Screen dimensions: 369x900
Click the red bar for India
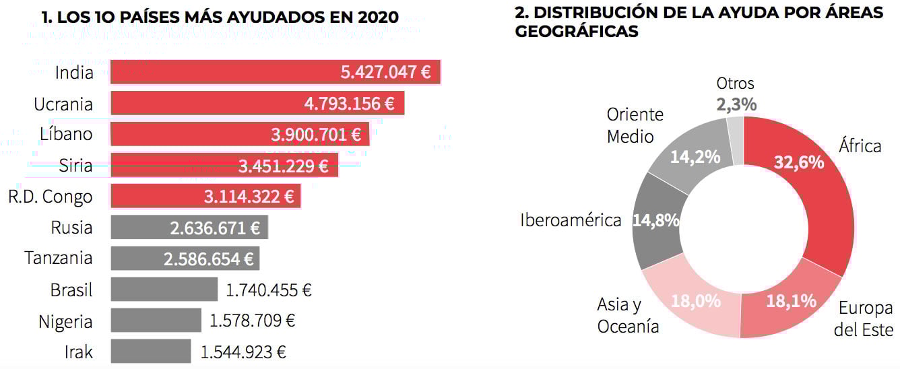click(222, 72)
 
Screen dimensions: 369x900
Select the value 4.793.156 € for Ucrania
click(349, 104)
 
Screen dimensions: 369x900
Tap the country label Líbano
click(66, 134)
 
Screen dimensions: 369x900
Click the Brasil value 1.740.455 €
click(268, 290)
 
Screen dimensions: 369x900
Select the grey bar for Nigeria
click(156, 321)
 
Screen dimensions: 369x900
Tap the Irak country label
click(79, 351)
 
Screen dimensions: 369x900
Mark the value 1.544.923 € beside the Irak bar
click(243, 351)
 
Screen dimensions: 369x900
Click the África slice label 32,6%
click(799, 162)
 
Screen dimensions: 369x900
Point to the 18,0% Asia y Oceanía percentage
click(695, 301)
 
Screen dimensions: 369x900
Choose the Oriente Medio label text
click(635, 125)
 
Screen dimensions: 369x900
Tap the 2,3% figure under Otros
click(736, 104)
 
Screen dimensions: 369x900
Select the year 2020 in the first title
click(374, 17)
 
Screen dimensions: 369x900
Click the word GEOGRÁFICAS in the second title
click(576, 31)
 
